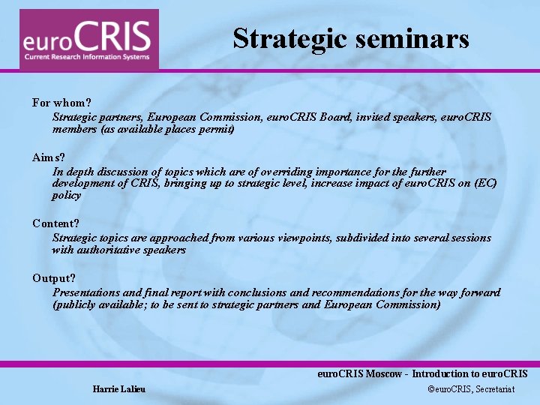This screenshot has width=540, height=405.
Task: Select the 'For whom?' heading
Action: (x=61, y=102)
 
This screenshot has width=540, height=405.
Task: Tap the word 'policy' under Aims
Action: (x=67, y=195)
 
